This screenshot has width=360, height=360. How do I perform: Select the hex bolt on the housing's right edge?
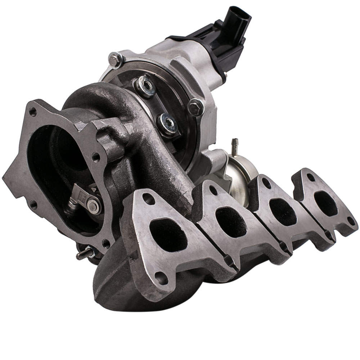click(x=196, y=107)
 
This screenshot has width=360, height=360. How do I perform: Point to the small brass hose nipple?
click(x=235, y=143)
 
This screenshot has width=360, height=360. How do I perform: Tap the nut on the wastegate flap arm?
click(x=93, y=206)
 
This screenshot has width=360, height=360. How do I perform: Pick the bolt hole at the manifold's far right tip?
click(x=350, y=221)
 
